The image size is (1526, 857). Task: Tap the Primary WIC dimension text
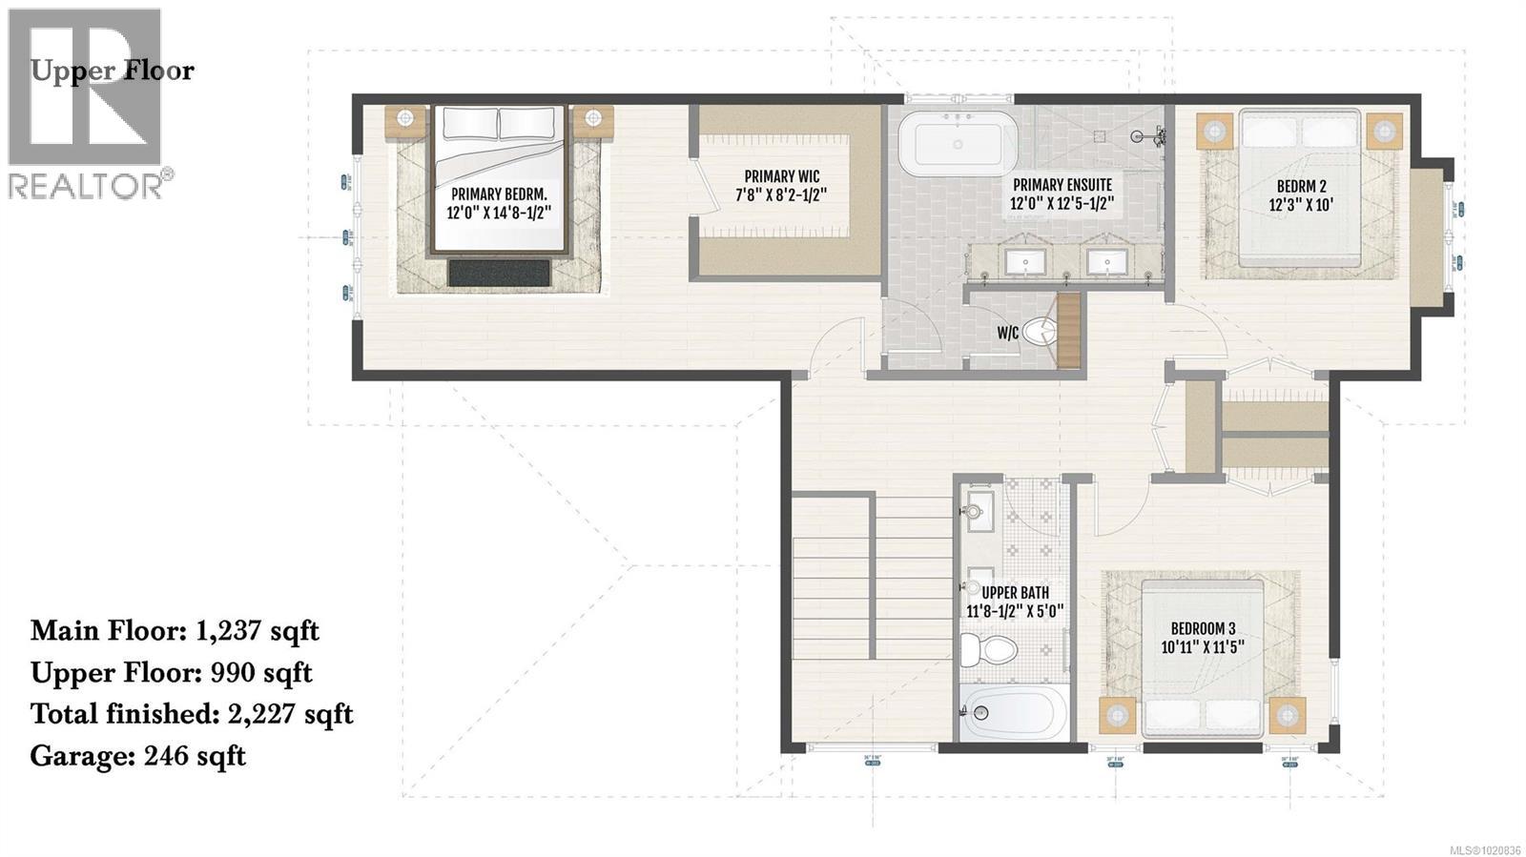coord(780,194)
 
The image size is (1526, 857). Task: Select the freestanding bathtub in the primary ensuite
coord(957,144)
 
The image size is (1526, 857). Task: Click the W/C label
coord(1007,333)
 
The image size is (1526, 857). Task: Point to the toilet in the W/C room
coord(1041,332)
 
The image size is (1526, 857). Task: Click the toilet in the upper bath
coord(988,650)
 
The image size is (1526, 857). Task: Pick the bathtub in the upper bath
coord(1013,712)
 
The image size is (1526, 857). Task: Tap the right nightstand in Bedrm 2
coord(1383,130)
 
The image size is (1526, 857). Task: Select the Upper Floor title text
coord(113,71)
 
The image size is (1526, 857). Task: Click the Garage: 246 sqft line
coord(137,756)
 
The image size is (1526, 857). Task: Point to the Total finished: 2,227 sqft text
coord(192,714)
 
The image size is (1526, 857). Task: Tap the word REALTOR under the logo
coord(86,186)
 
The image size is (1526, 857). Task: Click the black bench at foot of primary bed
coord(499,273)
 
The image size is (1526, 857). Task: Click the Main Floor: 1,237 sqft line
coord(175,631)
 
